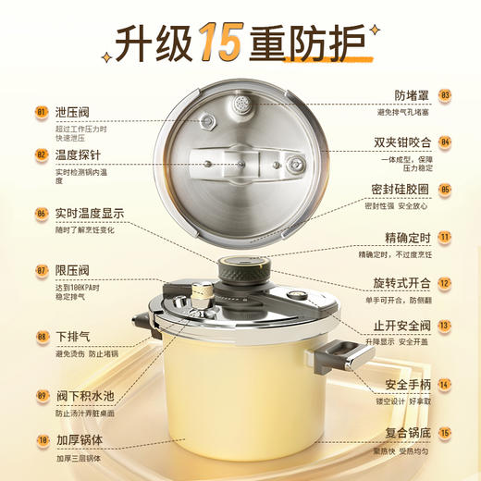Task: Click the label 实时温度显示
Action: coord(90,213)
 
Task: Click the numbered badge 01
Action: coord(42,113)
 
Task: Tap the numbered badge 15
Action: coord(445,432)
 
